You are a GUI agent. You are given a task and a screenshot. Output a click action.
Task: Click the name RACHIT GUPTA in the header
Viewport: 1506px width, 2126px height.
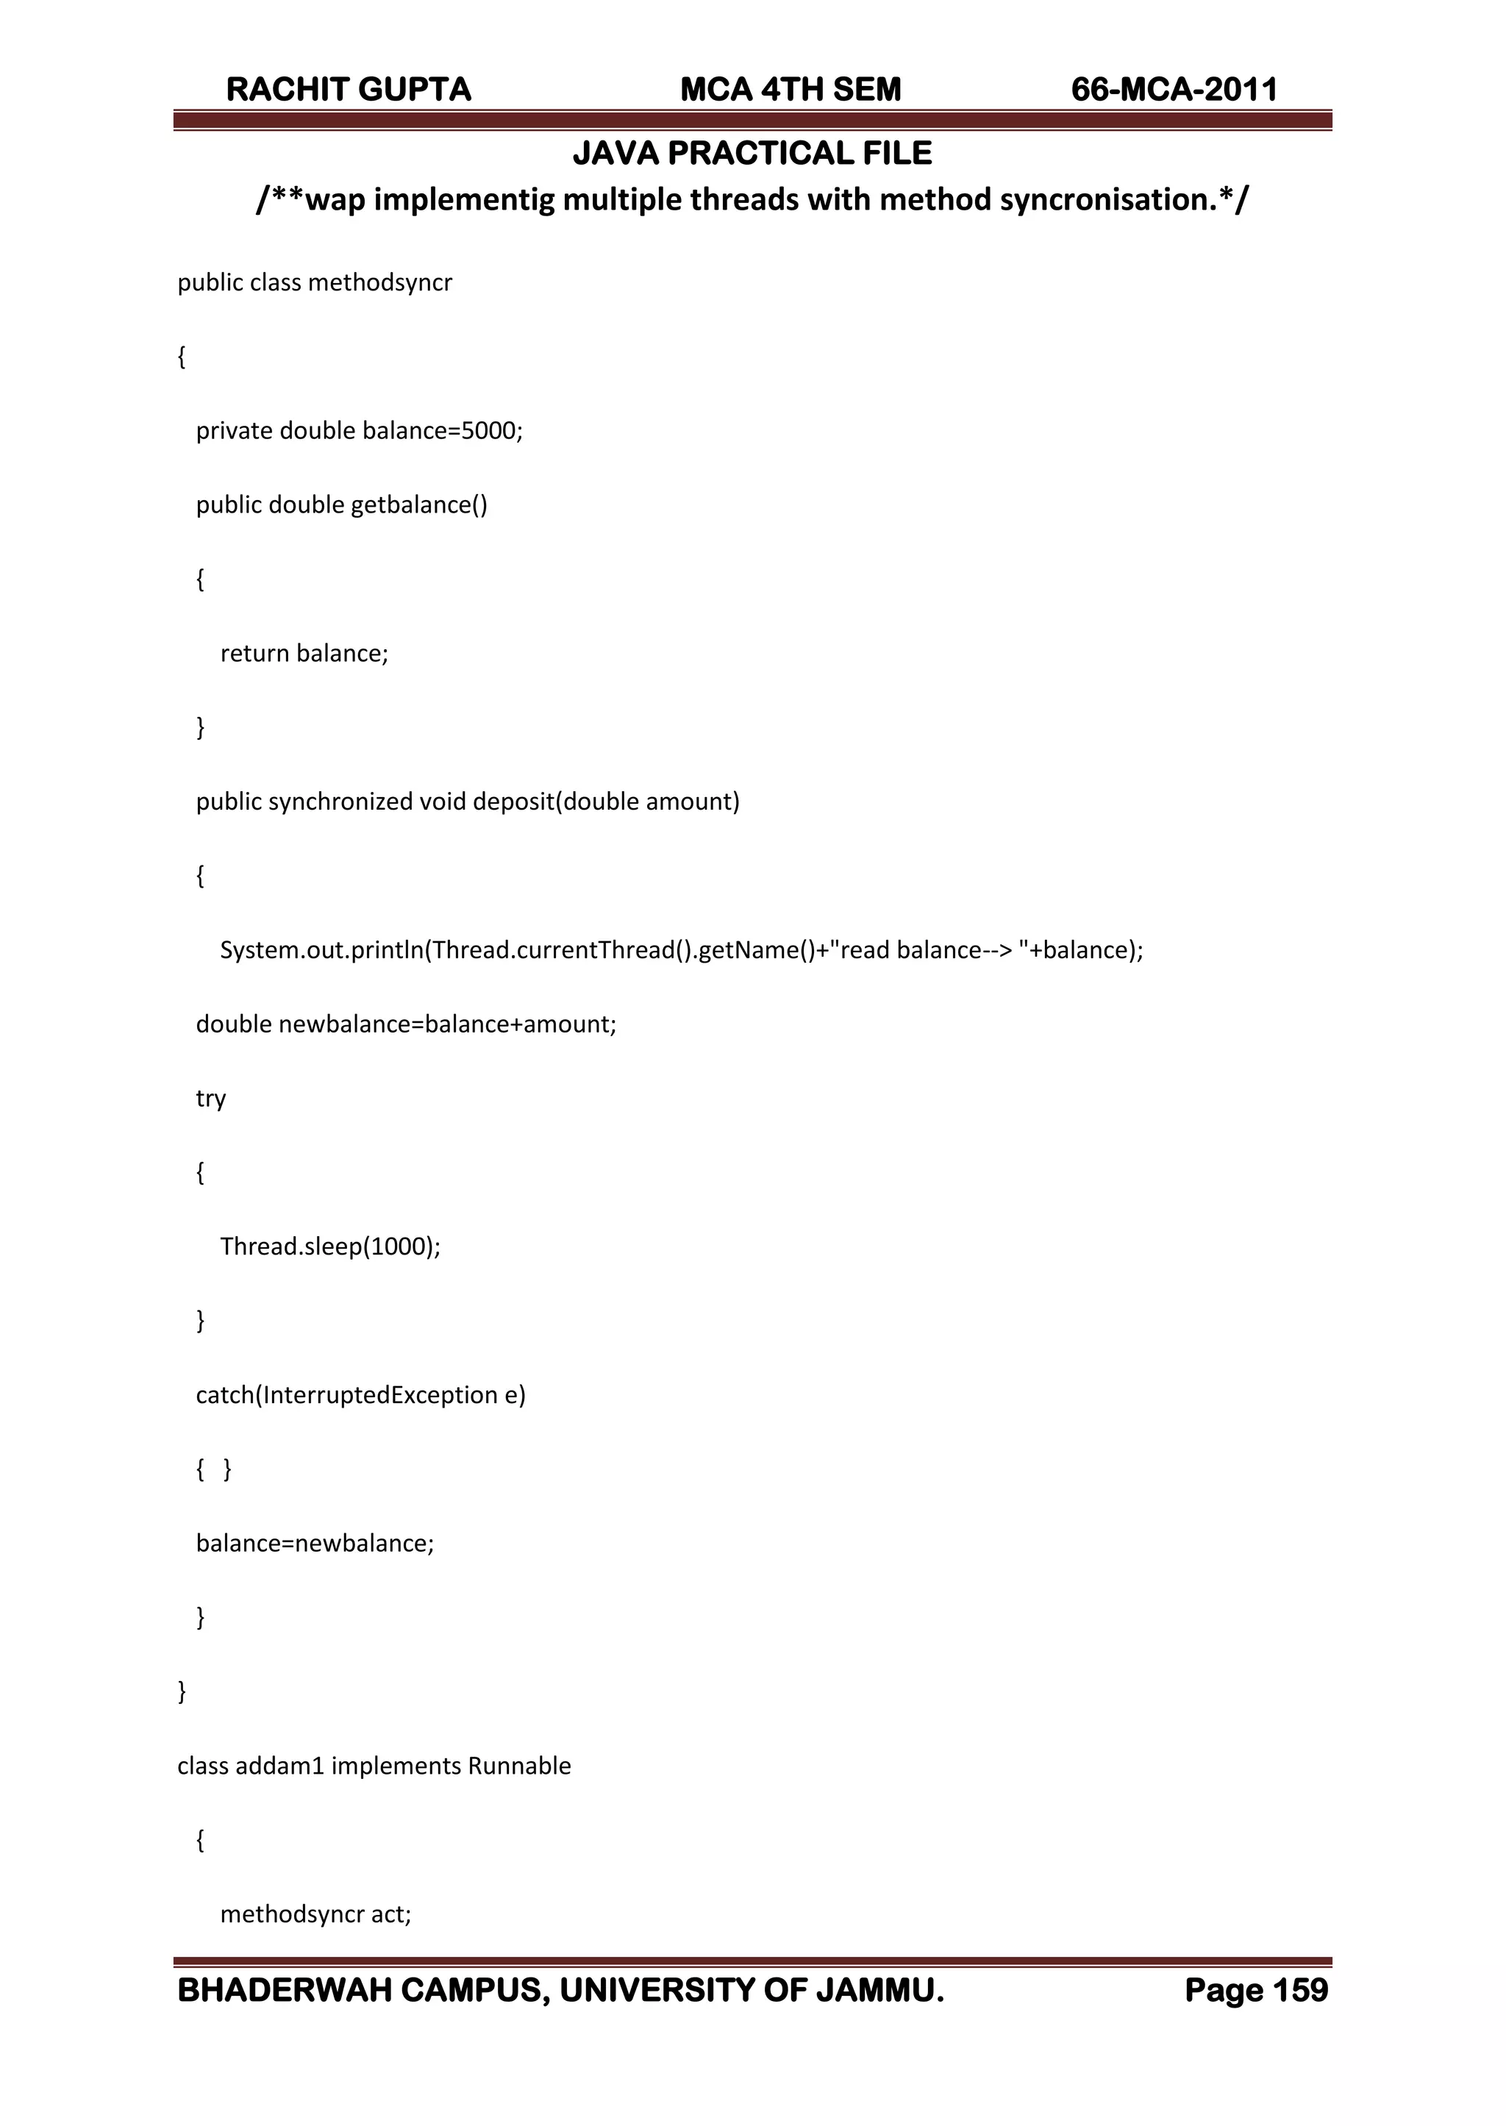(349, 90)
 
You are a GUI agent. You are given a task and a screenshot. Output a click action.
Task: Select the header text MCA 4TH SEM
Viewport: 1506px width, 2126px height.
(790, 90)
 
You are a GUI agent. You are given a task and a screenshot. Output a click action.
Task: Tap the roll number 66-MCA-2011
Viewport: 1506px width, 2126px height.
(1174, 90)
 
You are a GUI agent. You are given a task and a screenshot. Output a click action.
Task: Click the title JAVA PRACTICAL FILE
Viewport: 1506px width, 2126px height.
(752, 153)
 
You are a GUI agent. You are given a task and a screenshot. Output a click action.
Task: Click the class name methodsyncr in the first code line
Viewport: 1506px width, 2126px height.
(380, 283)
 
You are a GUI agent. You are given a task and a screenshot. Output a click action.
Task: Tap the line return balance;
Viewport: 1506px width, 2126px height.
(304, 654)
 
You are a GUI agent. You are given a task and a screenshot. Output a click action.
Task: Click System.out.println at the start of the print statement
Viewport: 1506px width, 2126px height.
(321, 950)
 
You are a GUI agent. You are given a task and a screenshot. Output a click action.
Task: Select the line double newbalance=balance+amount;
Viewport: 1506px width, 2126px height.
(405, 1024)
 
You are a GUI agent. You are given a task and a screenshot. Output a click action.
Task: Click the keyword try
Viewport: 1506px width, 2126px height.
(210, 1099)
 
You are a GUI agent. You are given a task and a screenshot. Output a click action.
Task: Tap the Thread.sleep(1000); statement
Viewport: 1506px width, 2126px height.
(330, 1247)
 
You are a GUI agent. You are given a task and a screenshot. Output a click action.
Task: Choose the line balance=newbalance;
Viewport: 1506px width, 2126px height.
(315, 1544)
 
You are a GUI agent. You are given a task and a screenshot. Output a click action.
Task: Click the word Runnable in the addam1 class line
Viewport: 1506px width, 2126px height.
(518, 1766)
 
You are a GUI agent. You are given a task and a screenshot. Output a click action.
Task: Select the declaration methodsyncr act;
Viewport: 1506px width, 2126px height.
(315, 1915)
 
